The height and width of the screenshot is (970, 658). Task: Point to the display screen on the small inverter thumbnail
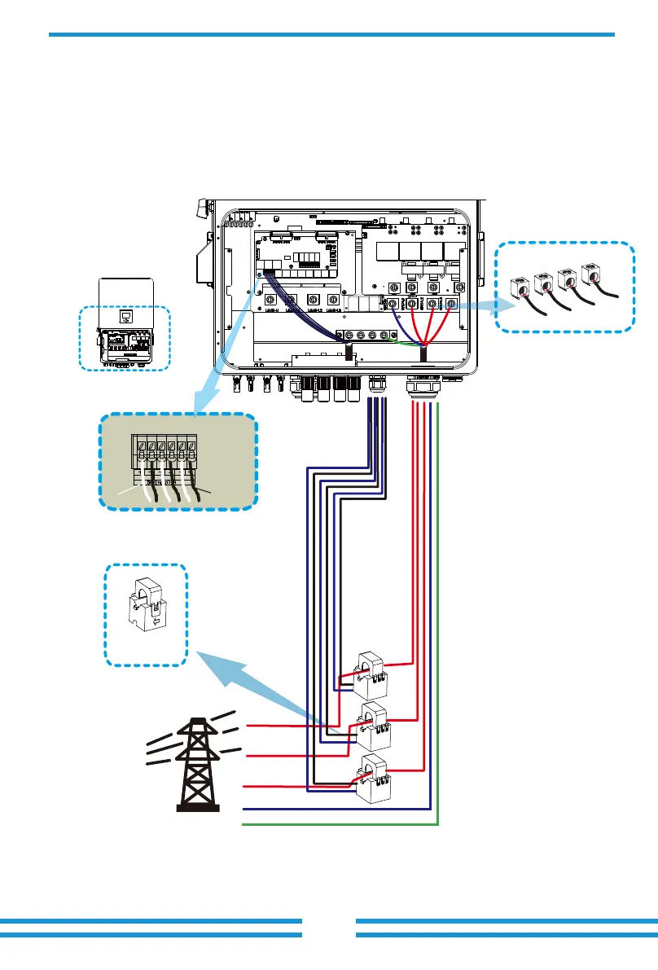(126, 316)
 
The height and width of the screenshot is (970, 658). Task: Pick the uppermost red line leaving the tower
(285, 724)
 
